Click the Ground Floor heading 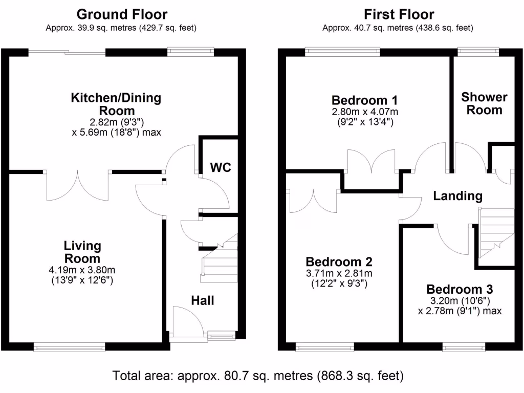[x=122, y=14]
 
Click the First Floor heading [x=399, y=14]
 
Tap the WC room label [x=221, y=167]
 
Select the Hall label [x=203, y=300]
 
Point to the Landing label [x=458, y=196]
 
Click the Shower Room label [x=484, y=103]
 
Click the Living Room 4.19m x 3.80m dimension [x=82, y=270]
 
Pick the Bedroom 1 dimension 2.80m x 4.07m [x=365, y=112]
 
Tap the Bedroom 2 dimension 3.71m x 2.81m [x=339, y=273]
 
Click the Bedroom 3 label [x=460, y=289]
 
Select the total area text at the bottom [x=258, y=376]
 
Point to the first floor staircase [x=496, y=233]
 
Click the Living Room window [x=70, y=347]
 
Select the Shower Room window [x=478, y=52]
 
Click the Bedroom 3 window [x=464, y=347]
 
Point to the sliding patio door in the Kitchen [x=67, y=52]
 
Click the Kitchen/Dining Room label [x=116, y=104]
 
